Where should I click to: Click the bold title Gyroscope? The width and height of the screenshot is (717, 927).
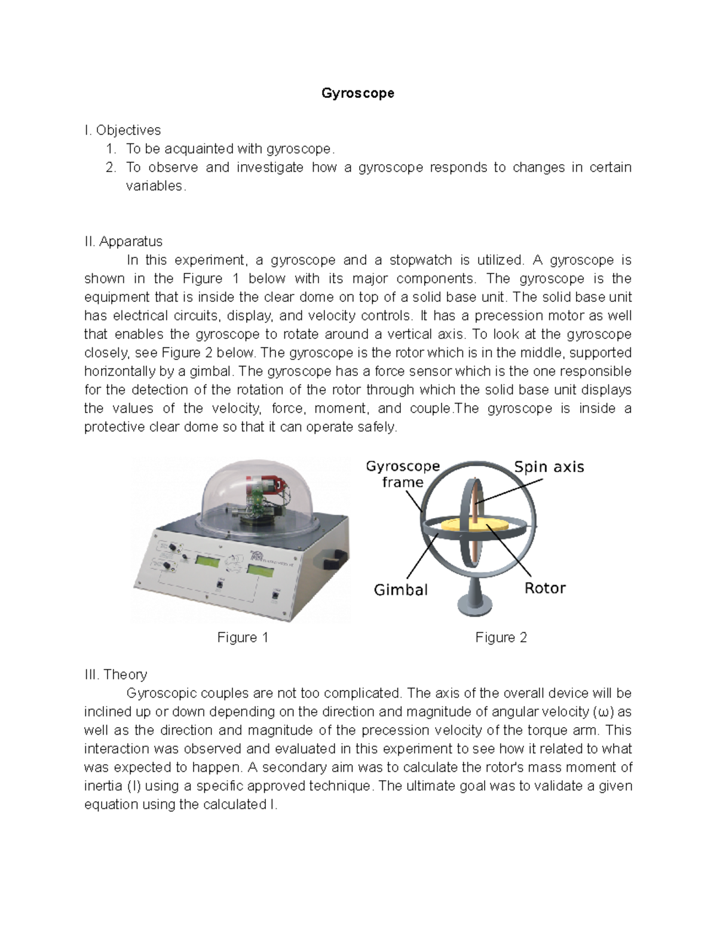357,93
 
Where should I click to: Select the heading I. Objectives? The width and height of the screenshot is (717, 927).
122,130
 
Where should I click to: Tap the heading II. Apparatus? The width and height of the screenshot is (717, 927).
123,241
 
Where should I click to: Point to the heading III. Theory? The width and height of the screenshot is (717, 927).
115,675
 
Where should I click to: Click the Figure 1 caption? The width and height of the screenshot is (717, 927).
243,637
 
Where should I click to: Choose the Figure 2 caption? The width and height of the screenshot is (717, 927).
501,637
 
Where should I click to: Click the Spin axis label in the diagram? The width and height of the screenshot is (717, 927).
549,467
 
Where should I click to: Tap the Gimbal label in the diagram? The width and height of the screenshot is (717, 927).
400,590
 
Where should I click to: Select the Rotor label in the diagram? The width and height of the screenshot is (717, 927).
544,588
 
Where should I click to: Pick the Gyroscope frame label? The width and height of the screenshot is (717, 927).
403,474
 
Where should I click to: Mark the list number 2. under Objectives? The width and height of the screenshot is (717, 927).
111,167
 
